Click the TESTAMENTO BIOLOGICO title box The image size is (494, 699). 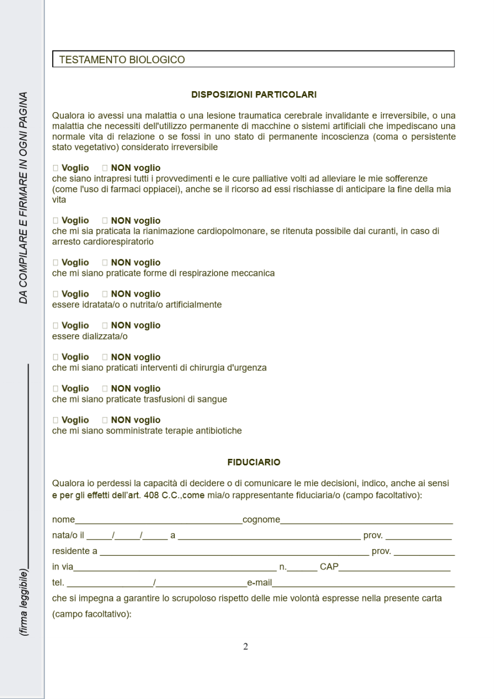point(253,59)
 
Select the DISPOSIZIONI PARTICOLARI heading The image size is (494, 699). point(253,95)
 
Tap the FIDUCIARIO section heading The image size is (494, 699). point(254,463)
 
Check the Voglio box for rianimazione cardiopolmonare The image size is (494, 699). point(55,221)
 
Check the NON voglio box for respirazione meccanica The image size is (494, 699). point(105,263)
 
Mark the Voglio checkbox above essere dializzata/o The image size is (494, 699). point(55,325)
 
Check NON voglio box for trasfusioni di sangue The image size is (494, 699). point(105,389)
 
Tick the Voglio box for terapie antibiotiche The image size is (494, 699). point(55,420)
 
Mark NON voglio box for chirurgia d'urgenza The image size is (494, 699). point(105,357)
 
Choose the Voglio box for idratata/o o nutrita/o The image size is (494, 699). point(55,294)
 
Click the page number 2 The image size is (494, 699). point(246,647)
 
